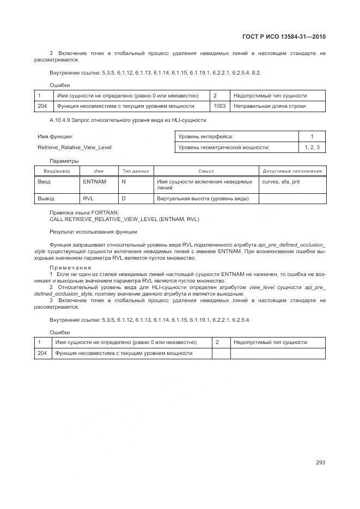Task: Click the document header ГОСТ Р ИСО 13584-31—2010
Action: [x=287, y=37]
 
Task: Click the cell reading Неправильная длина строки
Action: [x=270, y=106]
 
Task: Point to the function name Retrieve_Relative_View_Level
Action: [x=75, y=148]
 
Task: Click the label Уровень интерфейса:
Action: [x=205, y=136]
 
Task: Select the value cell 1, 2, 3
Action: [x=312, y=148]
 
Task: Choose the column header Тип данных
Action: [x=136, y=171]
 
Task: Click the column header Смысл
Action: [x=206, y=171]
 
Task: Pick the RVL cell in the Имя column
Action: [x=88, y=199]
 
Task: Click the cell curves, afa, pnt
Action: [x=280, y=181]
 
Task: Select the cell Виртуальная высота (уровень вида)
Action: [x=203, y=199]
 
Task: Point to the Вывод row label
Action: [x=46, y=199]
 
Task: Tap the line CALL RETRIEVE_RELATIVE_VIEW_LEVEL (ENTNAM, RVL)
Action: [x=124, y=219]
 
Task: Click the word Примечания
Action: [x=70, y=268]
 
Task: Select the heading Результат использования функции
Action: [x=93, y=232]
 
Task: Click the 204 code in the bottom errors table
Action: [x=42, y=353]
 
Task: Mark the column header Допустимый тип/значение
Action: [x=292, y=171]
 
